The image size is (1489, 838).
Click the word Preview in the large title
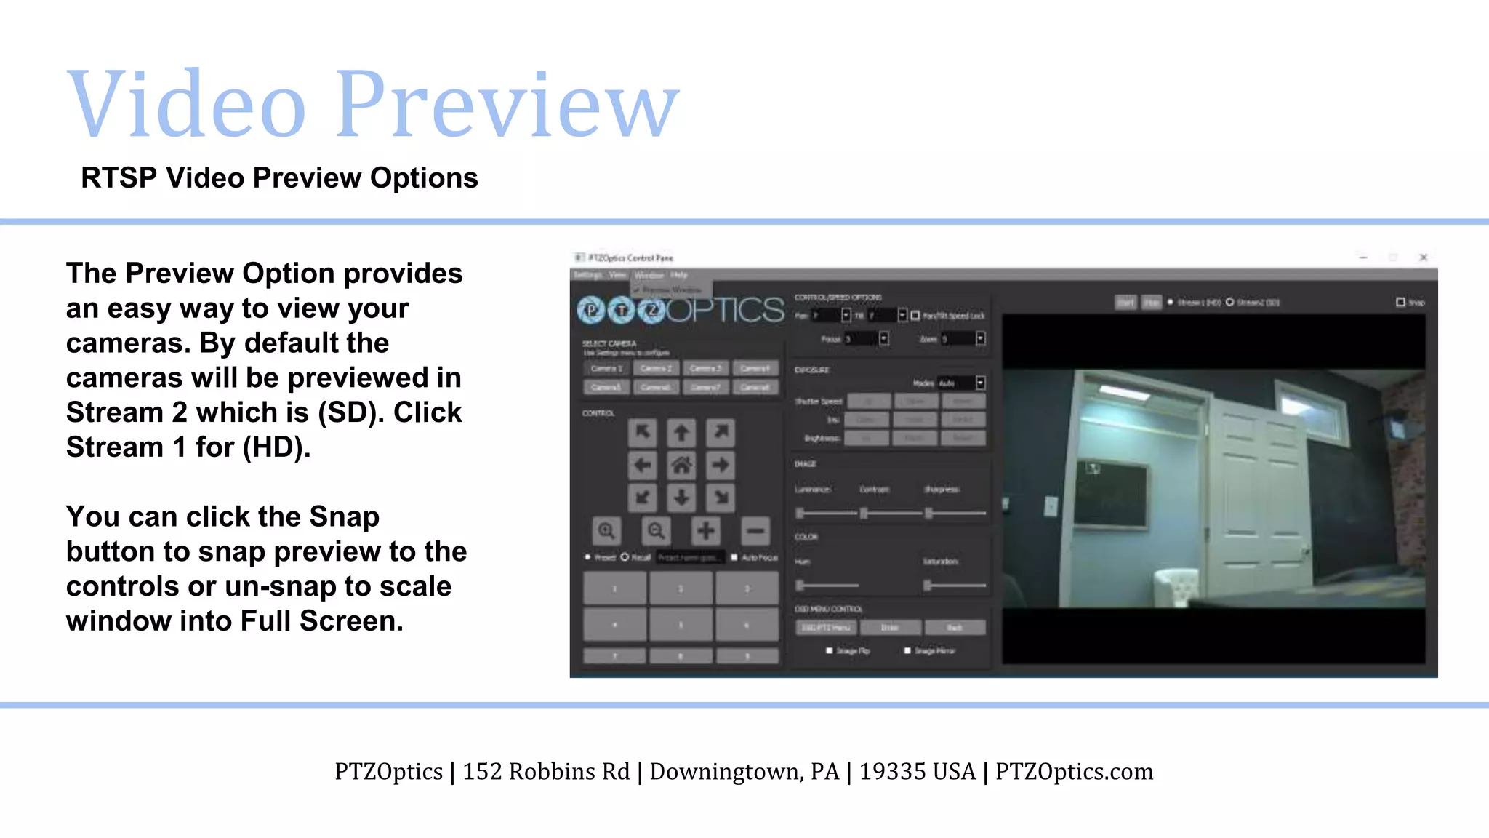click(x=507, y=105)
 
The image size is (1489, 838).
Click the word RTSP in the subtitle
click(x=119, y=178)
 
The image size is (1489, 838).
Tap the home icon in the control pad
click(x=681, y=466)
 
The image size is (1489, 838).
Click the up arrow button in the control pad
click(x=681, y=434)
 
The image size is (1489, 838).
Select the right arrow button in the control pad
click(x=721, y=466)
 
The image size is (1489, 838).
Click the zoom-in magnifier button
click(x=606, y=531)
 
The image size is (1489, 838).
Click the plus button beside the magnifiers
click(x=705, y=531)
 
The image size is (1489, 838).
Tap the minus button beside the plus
click(x=755, y=531)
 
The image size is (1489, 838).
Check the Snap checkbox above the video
click(x=1400, y=302)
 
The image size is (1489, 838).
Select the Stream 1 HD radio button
click(x=1171, y=302)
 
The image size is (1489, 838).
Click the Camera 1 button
click(x=606, y=369)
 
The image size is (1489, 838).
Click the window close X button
click(x=1424, y=258)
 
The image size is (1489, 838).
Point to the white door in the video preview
click(x=1258, y=495)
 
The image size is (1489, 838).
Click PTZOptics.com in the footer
click(x=1074, y=772)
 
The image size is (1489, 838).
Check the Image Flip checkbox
click(x=830, y=651)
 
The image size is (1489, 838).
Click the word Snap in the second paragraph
click(x=344, y=517)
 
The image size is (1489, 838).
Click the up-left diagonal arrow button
click(x=643, y=434)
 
